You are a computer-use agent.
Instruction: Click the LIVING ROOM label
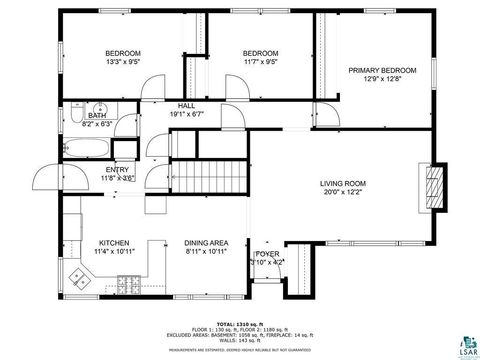(x=343, y=184)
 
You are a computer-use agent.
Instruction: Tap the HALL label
(x=186, y=105)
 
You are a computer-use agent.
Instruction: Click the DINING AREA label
(x=207, y=243)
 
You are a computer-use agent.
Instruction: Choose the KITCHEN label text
(x=113, y=243)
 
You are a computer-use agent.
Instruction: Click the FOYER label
(x=267, y=255)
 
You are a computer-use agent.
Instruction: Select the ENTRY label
(x=117, y=170)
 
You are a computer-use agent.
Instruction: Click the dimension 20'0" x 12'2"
(x=343, y=194)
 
